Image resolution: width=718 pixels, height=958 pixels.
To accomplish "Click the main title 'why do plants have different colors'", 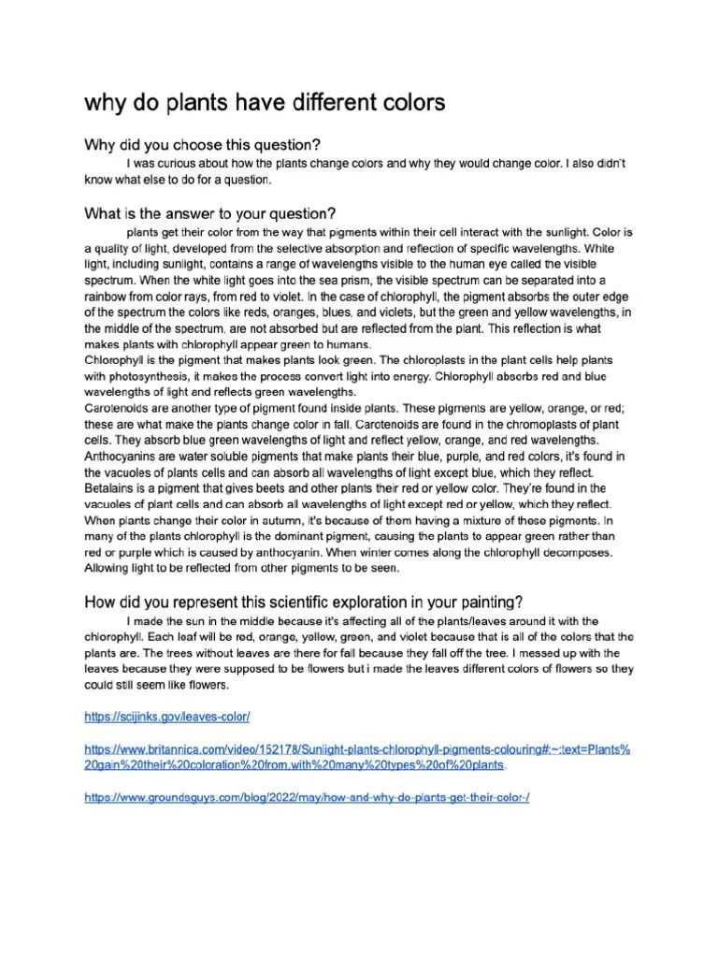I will [265, 101].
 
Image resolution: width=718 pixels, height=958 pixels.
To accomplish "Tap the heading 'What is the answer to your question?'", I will [210, 212].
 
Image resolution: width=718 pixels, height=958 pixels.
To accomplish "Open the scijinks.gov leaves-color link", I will [167, 717].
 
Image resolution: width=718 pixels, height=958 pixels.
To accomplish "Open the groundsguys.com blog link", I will [307, 797].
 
